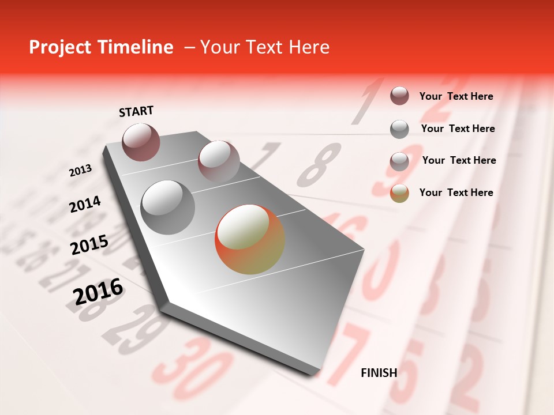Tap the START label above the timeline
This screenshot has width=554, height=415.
[136, 111]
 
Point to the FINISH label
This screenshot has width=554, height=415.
[379, 373]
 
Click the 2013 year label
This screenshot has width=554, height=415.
[80, 171]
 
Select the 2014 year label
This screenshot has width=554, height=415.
[85, 205]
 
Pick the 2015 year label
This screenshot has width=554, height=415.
[89, 245]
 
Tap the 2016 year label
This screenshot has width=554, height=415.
[98, 292]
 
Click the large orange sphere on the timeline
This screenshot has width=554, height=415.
[250, 239]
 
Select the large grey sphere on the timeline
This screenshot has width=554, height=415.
[167, 207]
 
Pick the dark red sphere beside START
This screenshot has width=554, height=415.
[141, 142]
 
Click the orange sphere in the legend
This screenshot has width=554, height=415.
[399, 193]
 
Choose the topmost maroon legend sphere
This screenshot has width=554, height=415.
[399, 96]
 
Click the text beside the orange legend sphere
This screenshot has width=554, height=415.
[456, 193]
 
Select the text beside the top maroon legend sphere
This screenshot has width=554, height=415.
[456, 96]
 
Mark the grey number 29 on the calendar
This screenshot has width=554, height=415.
[136, 329]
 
